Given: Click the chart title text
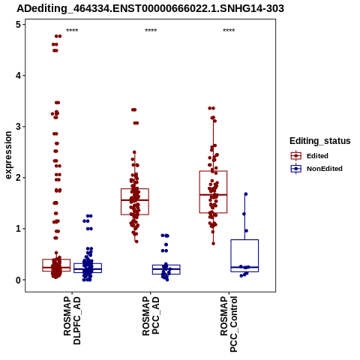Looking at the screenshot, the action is point(150,8).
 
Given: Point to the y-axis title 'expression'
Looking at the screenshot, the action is point(8,155).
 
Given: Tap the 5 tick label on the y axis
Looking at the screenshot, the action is point(19,25).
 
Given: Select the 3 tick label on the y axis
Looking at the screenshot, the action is point(19,127).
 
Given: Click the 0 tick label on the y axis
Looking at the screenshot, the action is point(19,280).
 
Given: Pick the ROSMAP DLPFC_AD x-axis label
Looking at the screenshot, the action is point(72,320).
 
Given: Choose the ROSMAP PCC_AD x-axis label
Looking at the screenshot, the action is point(151,316).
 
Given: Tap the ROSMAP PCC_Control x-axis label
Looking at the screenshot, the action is point(229,324).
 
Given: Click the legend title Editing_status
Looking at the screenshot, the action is point(319,141).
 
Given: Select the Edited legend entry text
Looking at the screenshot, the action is point(317,156).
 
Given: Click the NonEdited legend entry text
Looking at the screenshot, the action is point(325,169).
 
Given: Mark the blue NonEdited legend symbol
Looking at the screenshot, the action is point(296,169).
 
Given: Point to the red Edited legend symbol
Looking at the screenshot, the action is point(296,156).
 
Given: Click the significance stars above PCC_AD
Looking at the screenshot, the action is point(151,30).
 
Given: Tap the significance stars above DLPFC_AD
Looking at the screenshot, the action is point(72,30).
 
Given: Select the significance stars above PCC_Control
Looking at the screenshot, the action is point(229,30).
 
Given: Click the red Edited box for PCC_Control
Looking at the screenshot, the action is point(213,171).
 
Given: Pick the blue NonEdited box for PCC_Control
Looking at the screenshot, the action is point(244,240).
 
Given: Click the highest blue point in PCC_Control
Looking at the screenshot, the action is point(246,194).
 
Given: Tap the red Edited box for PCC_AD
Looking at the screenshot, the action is point(135,189).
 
